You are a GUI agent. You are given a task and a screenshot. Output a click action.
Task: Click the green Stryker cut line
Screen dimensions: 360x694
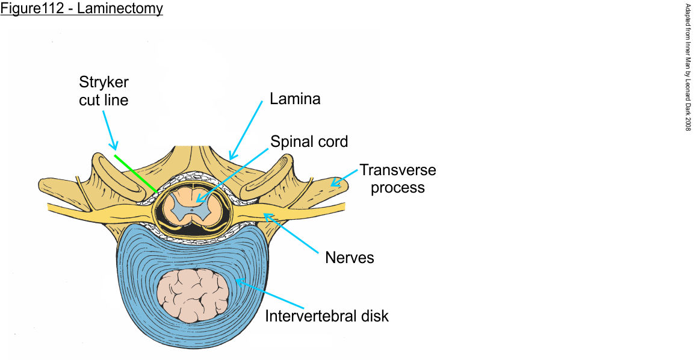coord(135,173)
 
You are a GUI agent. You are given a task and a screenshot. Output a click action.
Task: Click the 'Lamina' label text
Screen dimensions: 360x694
coord(295,99)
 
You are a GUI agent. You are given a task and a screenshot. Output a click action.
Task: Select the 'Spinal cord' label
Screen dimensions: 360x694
coord(309,142)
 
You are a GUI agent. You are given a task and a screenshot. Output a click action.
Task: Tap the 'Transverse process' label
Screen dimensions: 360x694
coord(397,178)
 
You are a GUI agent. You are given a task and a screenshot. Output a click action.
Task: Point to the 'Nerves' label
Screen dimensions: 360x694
coord(350,258)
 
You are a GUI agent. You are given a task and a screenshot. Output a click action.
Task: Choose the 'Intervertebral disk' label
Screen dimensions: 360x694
coord(327,315)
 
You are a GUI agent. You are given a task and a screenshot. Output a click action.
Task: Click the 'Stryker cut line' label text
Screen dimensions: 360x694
coord(104,91)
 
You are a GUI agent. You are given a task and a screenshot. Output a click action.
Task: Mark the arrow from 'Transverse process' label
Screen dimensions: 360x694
coord(341,176)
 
